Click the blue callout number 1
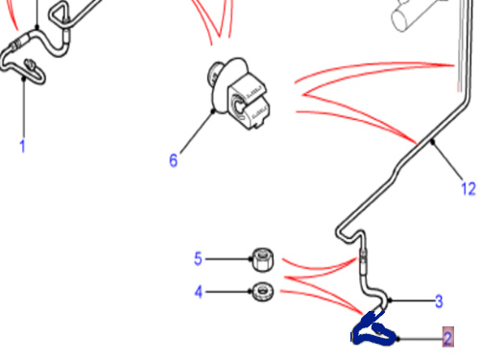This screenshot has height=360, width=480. click(x=22, y=146)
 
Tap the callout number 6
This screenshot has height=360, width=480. click(x=173, y=160)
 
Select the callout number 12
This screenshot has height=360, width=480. click(x=468, y=188)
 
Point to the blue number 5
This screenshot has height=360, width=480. click(x=198, y=258)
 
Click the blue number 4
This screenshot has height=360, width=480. click(x=199, y=292)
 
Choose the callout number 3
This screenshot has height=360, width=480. click(x=439, y=301)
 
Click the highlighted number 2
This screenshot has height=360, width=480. click(x=448, y=338)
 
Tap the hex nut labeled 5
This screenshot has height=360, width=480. click(x=263, y=259)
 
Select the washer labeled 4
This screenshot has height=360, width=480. click(x=262, y=292)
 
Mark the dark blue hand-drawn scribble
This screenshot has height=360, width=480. click(x=372, y=329)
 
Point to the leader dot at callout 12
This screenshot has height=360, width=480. click(x=433, y=141)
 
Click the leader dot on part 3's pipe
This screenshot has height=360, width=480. click(x=390, y=300)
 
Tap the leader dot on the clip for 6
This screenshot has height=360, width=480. click(x=213, y=111)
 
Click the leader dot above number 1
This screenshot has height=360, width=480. click(x=24, y=78)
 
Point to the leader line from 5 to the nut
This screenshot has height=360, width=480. click(x=228, y=259)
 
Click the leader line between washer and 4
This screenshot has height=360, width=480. click(x=228, y=292)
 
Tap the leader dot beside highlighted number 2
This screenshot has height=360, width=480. click(x=398, y=339)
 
